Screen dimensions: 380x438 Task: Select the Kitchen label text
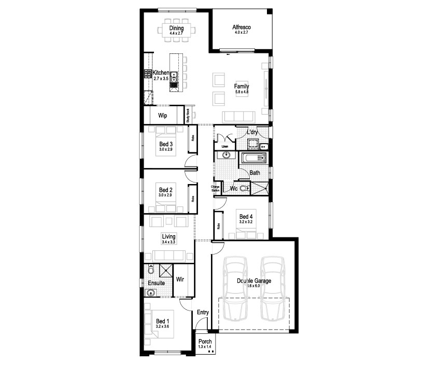[x=160, y=73]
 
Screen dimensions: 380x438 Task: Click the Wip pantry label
[x=162, y=115]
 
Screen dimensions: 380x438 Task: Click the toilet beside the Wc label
[x=244, y=189]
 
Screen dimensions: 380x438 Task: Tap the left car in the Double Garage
[x=236, y=288]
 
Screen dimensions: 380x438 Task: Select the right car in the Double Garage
[x=273, y=288]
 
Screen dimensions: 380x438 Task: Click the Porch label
[x=205, y=342]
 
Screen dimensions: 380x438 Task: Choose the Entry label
[x=203, y=312]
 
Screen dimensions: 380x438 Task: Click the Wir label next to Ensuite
[x=181, y=279]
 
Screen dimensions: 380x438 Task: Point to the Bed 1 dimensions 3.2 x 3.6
[x=163, y=327]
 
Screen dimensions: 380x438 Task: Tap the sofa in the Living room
[x=168, y=255]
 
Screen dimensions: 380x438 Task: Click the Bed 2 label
[x=166, y=190]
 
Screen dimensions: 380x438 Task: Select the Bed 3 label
[x=166, y=144]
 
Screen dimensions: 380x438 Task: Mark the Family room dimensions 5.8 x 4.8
[x=242, y=92]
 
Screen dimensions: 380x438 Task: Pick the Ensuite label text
[x=156, y=283]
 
